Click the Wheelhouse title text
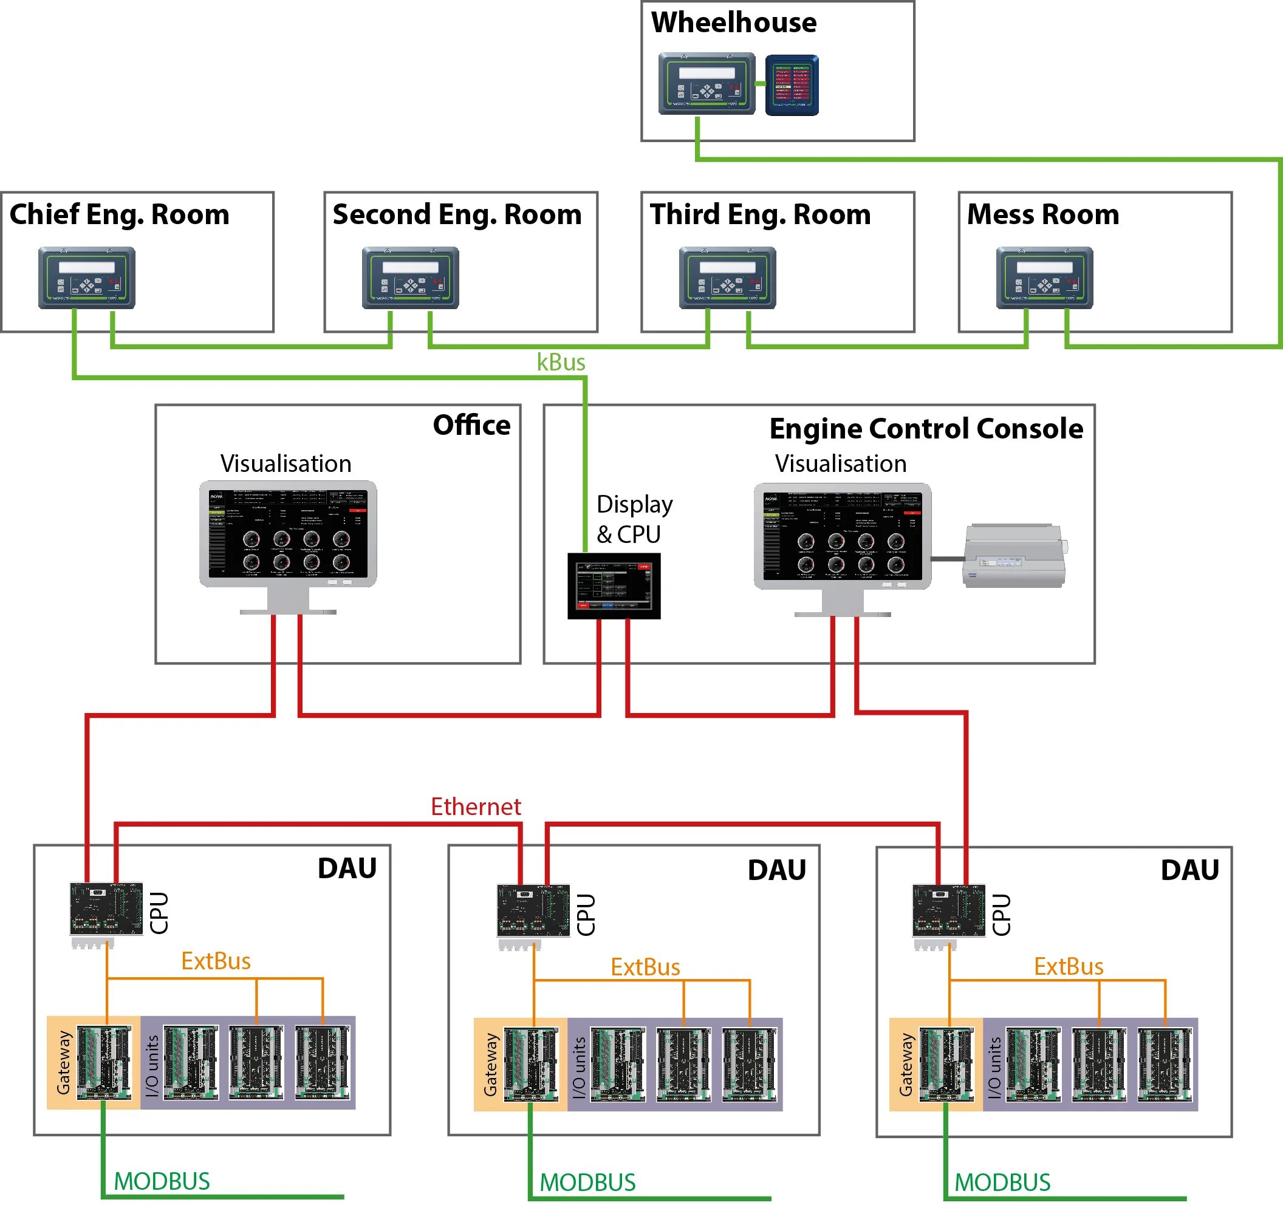click(x=734, y=23)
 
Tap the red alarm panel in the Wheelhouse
click(x=792, y=86)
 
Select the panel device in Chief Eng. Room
click(x=87, y=278)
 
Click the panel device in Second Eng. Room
click(x=410, y=278)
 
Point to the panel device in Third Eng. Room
click(x=728, y=278)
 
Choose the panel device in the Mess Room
click(x=1044, y=278)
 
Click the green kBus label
click(x=561, y=363)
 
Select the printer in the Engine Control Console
click(x=1014, y=556)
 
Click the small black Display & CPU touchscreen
click(x=614, y=585)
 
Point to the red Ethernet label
click(x=476, y=807)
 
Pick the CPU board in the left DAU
click(x=106, y=909)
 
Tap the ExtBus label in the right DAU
click(x=1068, y=966)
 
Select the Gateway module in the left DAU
click(x=104, y=1062)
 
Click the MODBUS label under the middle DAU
click(x=587, y=1182)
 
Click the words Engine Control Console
click(x=926, y=429)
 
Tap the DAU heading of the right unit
click(x=1189, y=870)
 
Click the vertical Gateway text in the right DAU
click(x=905, y=1065)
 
